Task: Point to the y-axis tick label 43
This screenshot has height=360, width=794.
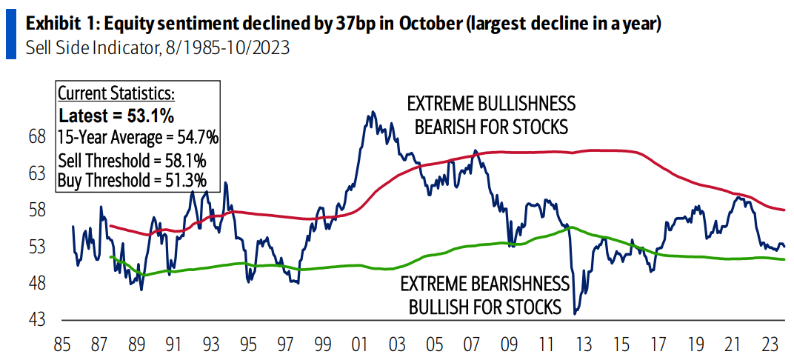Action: (36, 320)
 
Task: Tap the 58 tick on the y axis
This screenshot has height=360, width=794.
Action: (36, 210)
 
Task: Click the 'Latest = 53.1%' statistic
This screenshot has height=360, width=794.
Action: (116, 116)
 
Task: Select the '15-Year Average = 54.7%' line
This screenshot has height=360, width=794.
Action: (138, 138)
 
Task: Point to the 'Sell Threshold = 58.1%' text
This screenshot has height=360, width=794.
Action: (132, 160)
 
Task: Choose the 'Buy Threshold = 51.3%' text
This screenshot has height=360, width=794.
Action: (132, 179)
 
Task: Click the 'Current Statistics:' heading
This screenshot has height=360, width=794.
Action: (116, 94)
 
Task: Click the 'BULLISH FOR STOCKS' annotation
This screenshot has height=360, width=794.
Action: (485, 306)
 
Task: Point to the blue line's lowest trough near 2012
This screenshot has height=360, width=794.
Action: (575, 314)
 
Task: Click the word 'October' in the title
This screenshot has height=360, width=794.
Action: (427, 23)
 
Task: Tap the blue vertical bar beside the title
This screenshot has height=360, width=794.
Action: (10, 36)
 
